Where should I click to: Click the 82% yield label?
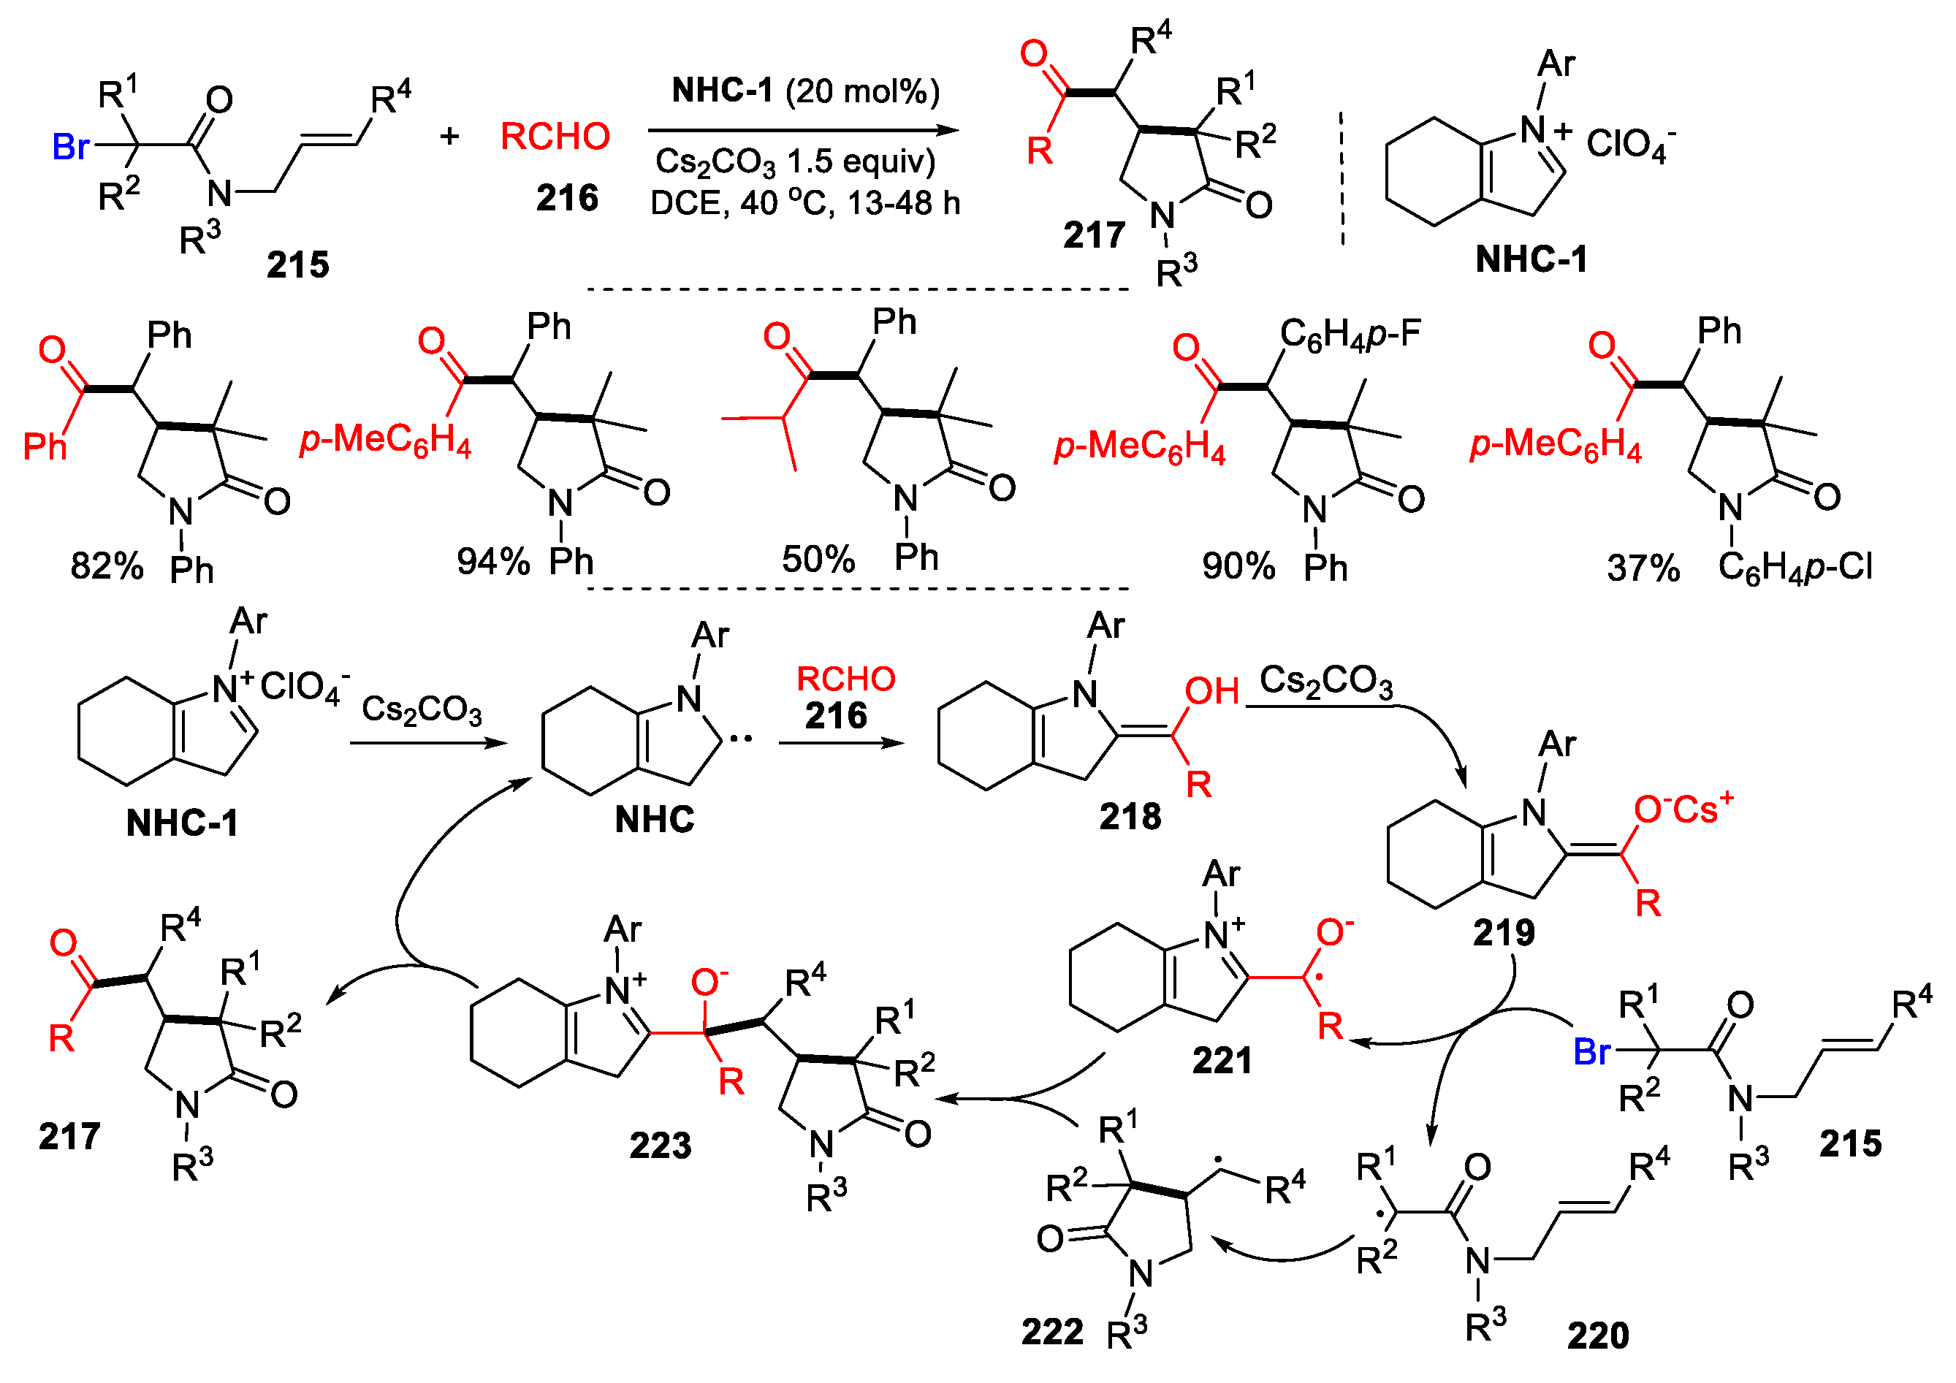point(107,565)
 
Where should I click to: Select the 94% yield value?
point(493,561)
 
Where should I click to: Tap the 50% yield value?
point(818,559)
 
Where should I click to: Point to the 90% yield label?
point(1238,565)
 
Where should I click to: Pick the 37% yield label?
point(1643,567)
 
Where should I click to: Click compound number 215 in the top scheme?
point(297,265)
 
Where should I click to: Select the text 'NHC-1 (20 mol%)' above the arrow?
point(805,91)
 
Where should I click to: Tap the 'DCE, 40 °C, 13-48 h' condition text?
point(805,202)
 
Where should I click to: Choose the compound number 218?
point(1130,817)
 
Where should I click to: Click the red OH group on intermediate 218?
point(1211,691)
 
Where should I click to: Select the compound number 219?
point(1504,932)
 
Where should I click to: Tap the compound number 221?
point(1222,1060)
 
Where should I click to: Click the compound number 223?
point(661,1146)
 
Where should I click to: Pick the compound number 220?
point(1597,1336)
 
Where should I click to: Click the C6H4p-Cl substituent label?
point(1795,566)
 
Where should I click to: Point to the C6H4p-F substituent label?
point(1350,334)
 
